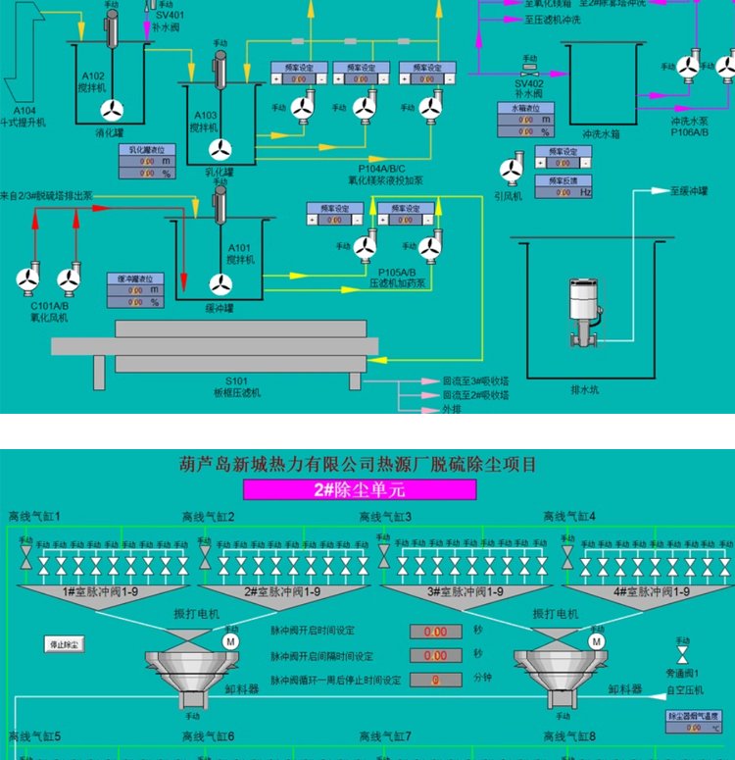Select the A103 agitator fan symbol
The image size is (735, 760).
(x=220, y=149)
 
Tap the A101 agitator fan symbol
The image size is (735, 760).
(x=220, y=283)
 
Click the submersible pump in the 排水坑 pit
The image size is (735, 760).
(x=585, y=309)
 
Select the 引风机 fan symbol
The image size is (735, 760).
(x=511, y=171)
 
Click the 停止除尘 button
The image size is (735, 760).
(x=66, y=644)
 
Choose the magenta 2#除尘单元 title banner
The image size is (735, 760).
(x=359, y=489)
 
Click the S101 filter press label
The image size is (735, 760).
(x=237, y=387)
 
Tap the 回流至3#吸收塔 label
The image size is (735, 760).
(x=475, y=380)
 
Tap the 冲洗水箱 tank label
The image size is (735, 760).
(x=601, y=133)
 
